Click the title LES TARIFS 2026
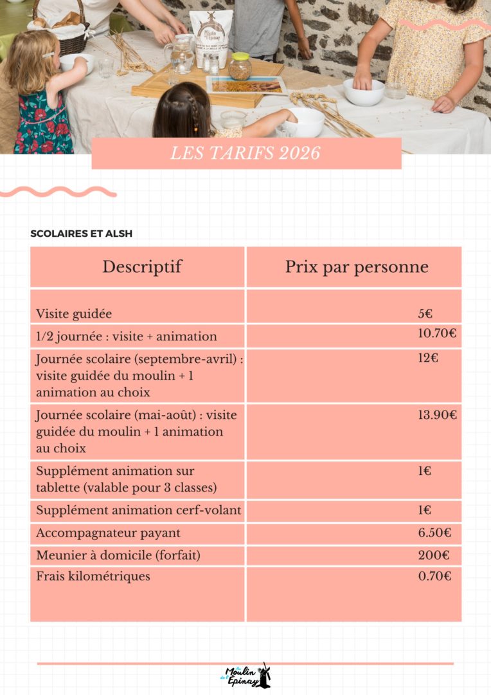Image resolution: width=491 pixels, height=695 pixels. (245, 154)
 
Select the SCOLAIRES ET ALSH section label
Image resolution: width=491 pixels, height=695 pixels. (82, 234)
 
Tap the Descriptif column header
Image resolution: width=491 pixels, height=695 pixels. (142, 266)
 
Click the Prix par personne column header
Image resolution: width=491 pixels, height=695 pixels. (357, 266)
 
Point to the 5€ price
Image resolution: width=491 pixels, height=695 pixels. (425, 314)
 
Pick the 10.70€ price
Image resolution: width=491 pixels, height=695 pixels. (437, 333)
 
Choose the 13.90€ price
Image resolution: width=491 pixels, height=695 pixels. (437, 415)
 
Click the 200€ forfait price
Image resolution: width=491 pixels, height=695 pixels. (434, 555)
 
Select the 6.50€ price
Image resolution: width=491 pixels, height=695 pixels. (434, 533)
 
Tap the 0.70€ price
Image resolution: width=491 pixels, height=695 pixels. (434, 576)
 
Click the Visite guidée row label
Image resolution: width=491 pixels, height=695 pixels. (74, 314)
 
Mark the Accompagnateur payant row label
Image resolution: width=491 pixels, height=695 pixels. (108, 533)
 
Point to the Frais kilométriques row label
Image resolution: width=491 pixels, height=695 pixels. (93, 576)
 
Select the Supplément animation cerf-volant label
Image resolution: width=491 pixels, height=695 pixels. (139, 510)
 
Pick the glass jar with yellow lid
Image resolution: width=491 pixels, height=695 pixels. (240, 66)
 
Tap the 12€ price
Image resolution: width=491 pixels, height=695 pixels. (428, 358)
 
